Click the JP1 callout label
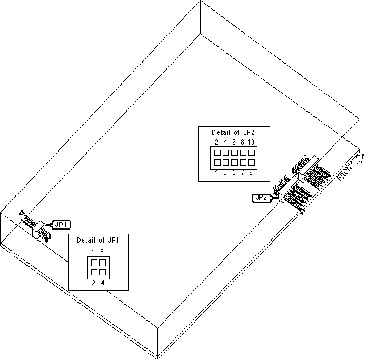[x=61, y=225]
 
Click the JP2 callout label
[x=261, y=198]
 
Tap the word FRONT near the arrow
[x=346, y=171]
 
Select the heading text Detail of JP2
[x=233, y=132]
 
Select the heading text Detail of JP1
[x=98, y=240]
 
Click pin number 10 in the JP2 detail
[x=251, y=142]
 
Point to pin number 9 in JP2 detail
[x=251, y=173]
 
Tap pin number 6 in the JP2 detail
[x=234, y=142]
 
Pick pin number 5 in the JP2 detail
[x=234, y=173]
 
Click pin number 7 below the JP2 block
[x=243, y=173]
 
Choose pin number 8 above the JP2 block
[x=243, y=142]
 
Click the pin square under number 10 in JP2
[x=252, y=153]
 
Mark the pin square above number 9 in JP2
[x=252, y=162]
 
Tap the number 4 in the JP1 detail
[x=103, y=283]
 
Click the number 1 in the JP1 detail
[x=94, y=252]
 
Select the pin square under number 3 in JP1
[x=103, y=263]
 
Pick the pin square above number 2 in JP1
[x=94, y=272]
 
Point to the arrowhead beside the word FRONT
[x=361, y=158]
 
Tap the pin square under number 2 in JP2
[x=217, y=153]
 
